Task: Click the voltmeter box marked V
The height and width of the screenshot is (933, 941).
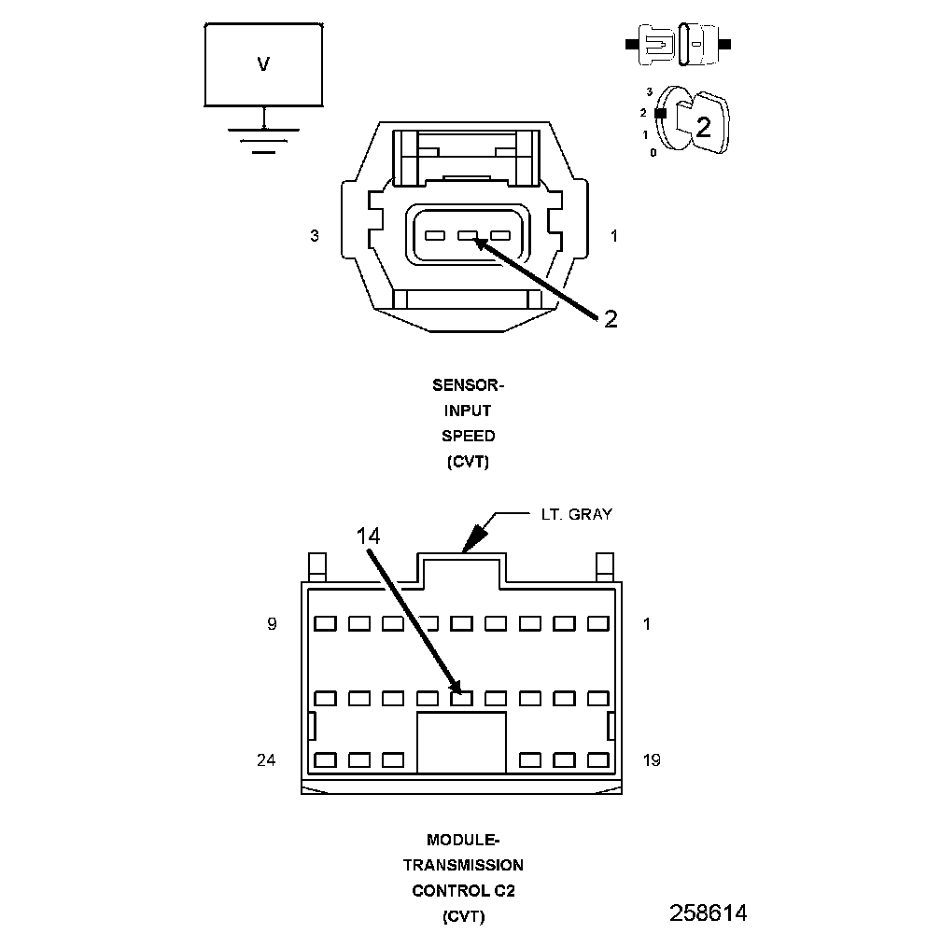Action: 264,64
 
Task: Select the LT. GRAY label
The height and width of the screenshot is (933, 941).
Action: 577,514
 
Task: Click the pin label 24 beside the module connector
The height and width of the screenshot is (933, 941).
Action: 266,760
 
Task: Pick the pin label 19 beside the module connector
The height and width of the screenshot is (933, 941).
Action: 651,760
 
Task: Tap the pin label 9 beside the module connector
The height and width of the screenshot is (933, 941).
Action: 272,624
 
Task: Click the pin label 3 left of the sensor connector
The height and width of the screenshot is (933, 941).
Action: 315,237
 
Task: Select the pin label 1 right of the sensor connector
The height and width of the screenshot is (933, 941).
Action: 613,237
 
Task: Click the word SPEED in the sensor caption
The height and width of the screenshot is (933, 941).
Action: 469,436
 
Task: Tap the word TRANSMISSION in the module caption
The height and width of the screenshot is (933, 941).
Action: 463,865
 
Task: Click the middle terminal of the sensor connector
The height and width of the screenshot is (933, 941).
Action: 468,236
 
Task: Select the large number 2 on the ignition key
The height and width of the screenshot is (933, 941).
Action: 703,127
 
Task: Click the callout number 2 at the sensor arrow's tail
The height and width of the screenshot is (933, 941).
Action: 610,319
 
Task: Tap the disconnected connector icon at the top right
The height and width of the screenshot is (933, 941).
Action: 679,44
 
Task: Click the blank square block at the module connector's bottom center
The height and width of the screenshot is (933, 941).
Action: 461,743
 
